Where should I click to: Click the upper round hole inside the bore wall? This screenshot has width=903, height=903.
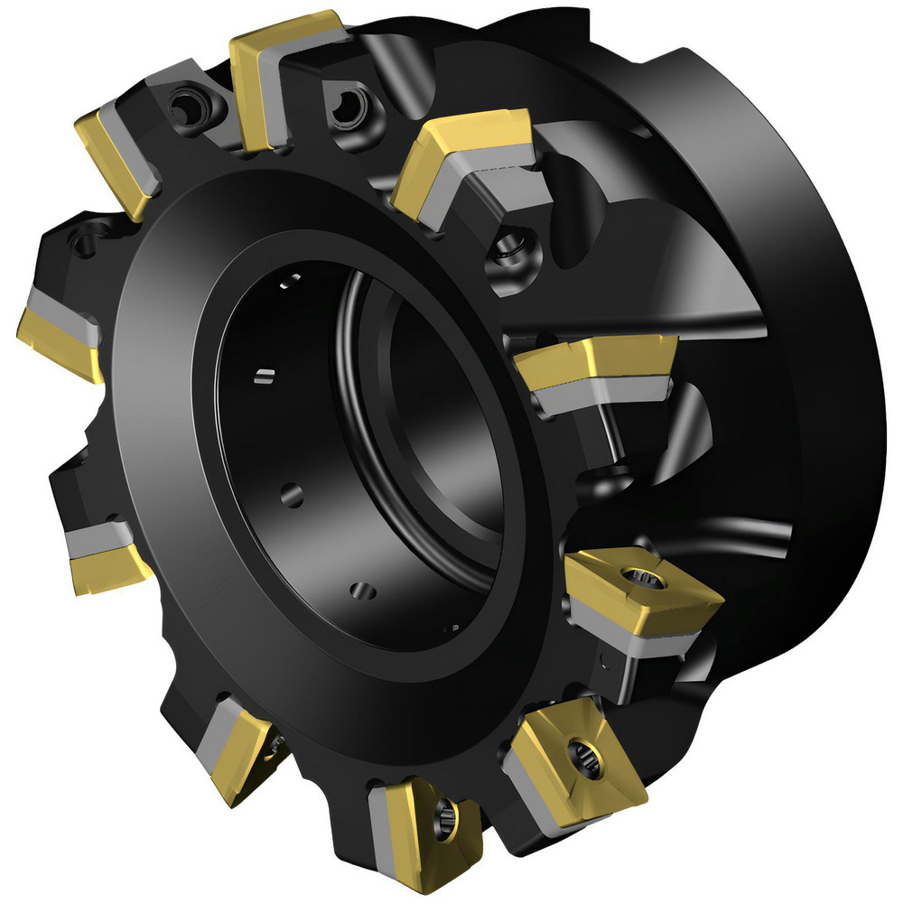pos(291,492)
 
